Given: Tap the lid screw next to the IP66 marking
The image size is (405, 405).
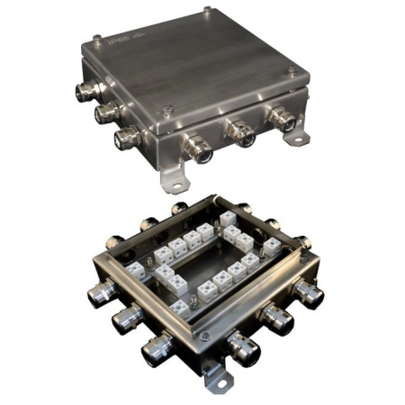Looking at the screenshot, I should click(96, 38).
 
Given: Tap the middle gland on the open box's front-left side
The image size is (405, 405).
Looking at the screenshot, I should click(126, 319).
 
